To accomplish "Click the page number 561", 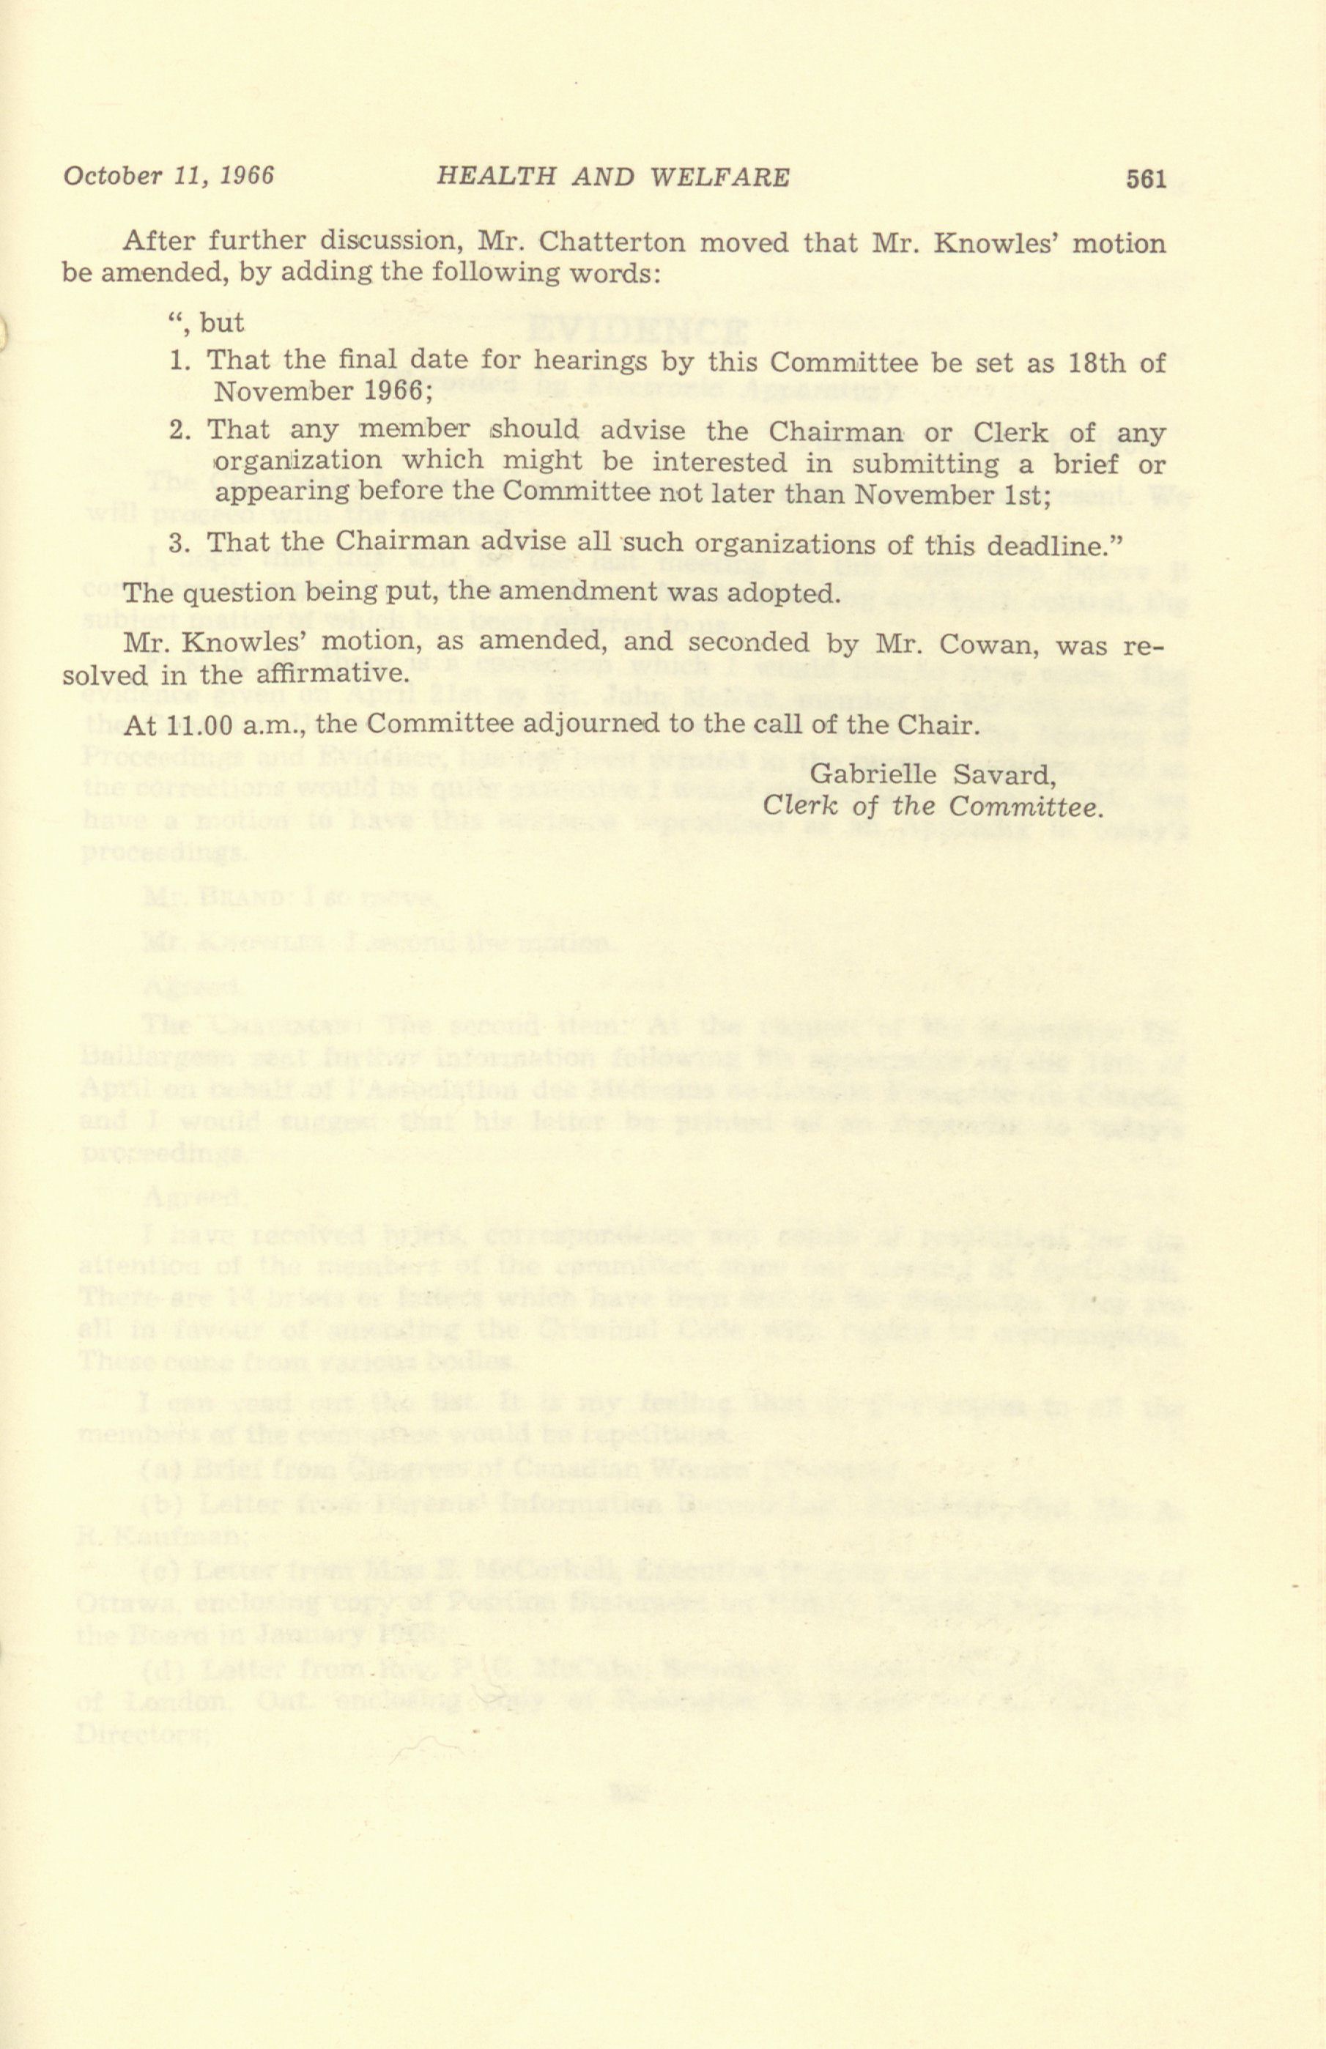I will tap(1145, 178).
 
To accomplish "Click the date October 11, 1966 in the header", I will tap(168, 176).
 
